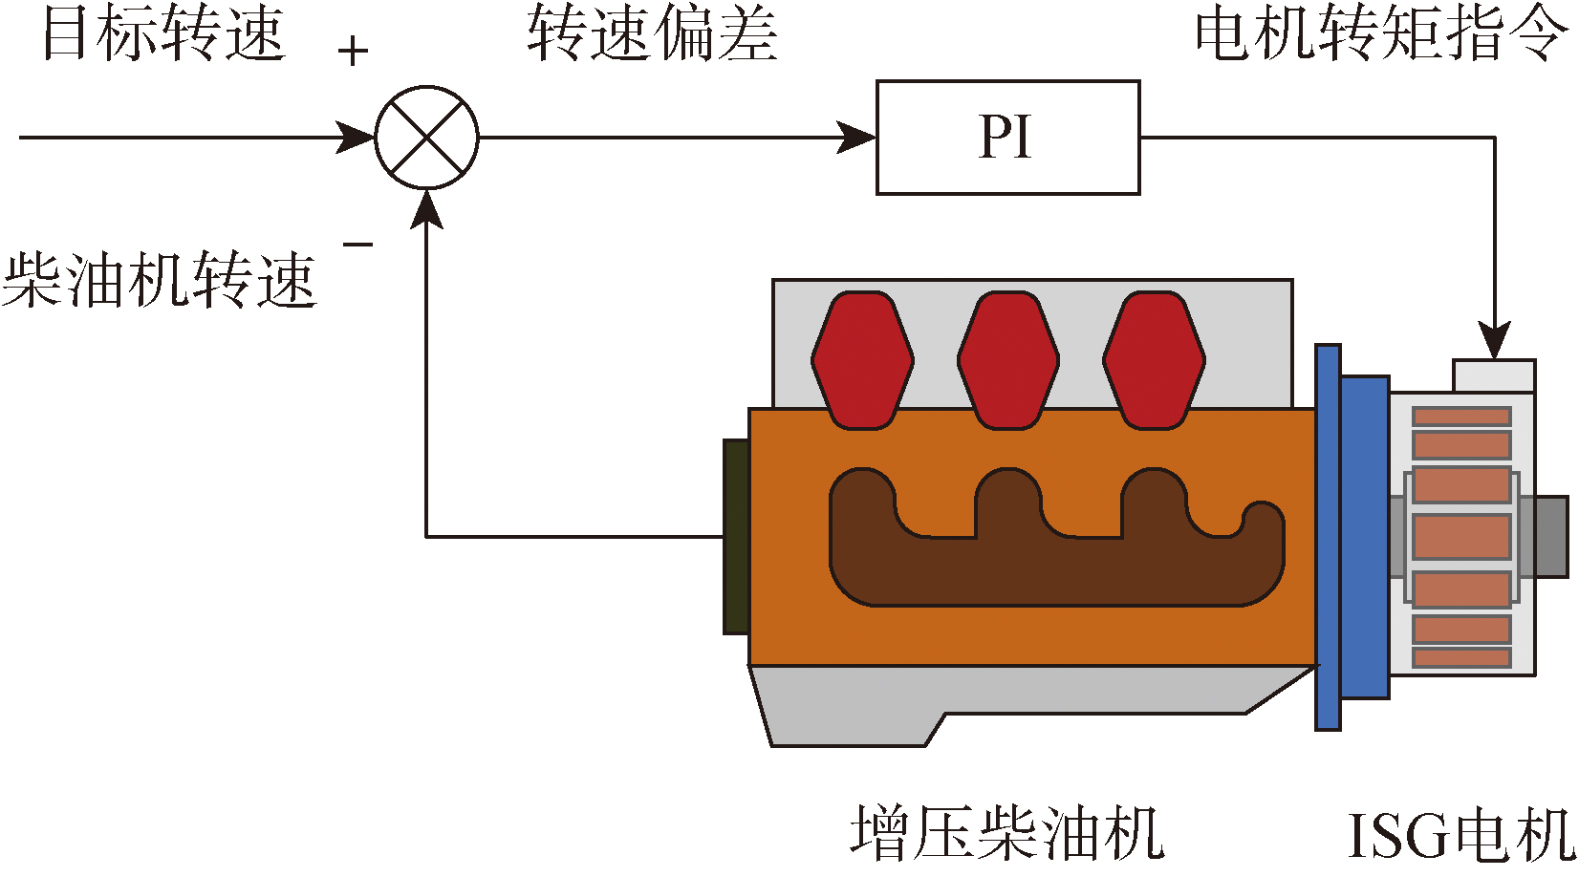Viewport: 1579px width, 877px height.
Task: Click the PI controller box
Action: pyautogui.click(x=1007, y=138)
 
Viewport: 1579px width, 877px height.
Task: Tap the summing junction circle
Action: pyautogui.click(x=426, y=138)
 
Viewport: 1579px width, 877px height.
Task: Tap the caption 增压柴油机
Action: pyautogui.click(x=1007, y=833)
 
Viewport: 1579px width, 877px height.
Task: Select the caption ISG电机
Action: pyautogui.click(x=1460, y=835)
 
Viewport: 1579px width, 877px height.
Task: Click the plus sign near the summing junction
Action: pyautogui.click(x=353, y=52)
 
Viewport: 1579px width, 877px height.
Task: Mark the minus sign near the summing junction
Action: pyautogui.click(x=357, y=246)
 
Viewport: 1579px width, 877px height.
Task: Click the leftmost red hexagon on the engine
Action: pyautogui.click(x=862, y=360)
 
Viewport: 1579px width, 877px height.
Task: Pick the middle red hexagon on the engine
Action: pyautogui.click(x=1008, y=360)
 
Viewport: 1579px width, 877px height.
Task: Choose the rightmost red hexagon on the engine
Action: pyautogui.click(x=1154, y=360)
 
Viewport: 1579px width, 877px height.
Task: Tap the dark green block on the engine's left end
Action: pyautogui.click(x=736, y=537)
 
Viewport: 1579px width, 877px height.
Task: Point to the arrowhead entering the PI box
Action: pyautogui.click(x=857, y=138)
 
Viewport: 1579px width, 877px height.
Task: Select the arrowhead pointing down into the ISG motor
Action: pyautogui.click(x=1494, y=341)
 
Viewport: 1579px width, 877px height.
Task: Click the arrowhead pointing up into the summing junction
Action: pyautogui.click(x=426, y=207)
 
